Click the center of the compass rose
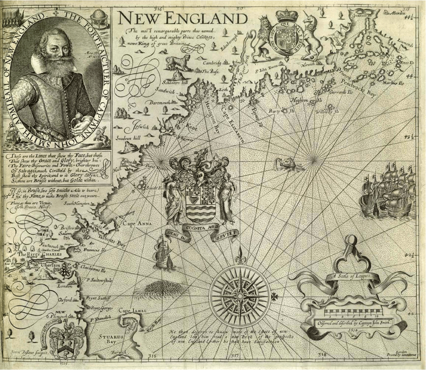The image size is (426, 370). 240,296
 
